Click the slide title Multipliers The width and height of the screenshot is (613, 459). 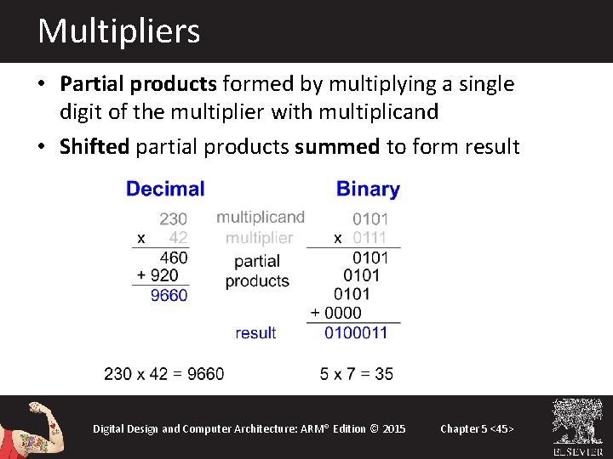[119, 31]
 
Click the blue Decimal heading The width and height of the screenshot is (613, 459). [165, 189]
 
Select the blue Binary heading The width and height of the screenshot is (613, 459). [368, 189]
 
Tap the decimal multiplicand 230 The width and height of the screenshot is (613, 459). [174, 219]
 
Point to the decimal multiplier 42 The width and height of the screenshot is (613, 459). [178, 238]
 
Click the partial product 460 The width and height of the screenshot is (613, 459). [174, 257]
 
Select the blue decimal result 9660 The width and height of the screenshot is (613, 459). [169, 295]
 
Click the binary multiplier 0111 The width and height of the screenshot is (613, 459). [370, 238]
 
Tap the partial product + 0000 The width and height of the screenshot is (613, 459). [336, 313]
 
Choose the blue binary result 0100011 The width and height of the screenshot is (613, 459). [356, 332]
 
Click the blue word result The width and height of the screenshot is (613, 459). [255, 333]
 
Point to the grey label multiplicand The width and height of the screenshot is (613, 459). [260, 218]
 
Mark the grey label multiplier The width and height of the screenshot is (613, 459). [259, 238]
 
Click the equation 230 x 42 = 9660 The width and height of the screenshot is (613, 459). [164, 374]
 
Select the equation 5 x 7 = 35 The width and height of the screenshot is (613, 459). [357, 374]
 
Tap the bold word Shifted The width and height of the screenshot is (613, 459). [95, 146]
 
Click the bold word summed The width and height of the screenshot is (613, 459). [337, 146]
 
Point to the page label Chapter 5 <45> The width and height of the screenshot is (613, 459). [477, 428]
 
